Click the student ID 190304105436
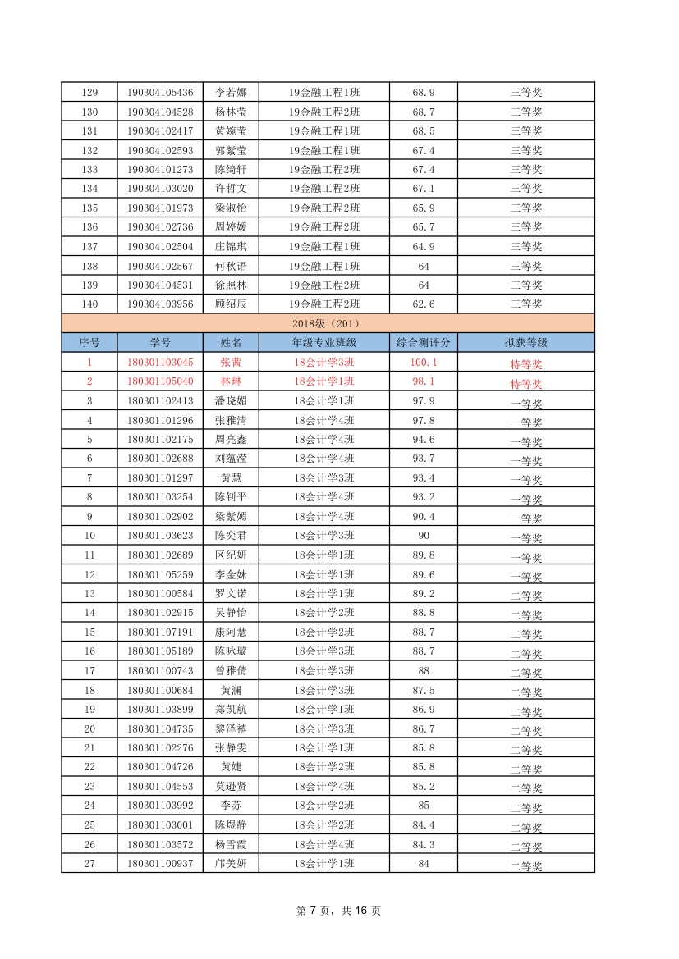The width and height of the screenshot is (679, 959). point(160,92)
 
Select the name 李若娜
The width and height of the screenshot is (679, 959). point(231,92)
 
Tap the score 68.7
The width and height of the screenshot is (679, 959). point(424,112)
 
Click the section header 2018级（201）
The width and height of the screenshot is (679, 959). point(328,323)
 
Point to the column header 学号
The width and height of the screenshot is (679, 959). point(160,342)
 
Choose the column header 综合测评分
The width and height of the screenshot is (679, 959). point(424,342)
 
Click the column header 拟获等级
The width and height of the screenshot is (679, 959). point(525,342)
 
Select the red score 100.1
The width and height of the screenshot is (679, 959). point(424,362)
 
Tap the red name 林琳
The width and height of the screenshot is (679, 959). point(231,381)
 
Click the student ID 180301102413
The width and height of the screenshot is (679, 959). point(160,400)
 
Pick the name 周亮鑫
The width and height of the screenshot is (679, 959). point(231,439)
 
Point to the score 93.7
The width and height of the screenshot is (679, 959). point(424,458)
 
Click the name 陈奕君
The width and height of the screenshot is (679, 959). point(231,535)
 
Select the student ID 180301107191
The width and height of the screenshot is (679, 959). point(160,632)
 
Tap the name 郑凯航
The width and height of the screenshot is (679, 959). point(231,709)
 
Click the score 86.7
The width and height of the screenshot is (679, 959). point(424,728)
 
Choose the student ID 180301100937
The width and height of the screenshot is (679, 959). point(160,863)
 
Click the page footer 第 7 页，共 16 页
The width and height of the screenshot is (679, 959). point(338,910)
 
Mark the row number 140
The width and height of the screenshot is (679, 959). point(89,304)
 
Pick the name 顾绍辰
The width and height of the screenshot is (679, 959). point(231,304)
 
